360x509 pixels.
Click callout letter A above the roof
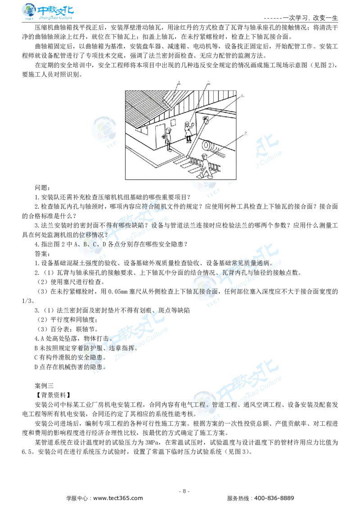179,82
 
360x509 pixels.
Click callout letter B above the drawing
208,82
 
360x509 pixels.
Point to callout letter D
246,133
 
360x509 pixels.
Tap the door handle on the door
163,136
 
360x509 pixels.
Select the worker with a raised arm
188,131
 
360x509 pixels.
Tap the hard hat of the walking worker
204,156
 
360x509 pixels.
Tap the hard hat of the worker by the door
169,129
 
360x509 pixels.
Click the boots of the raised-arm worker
188,141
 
